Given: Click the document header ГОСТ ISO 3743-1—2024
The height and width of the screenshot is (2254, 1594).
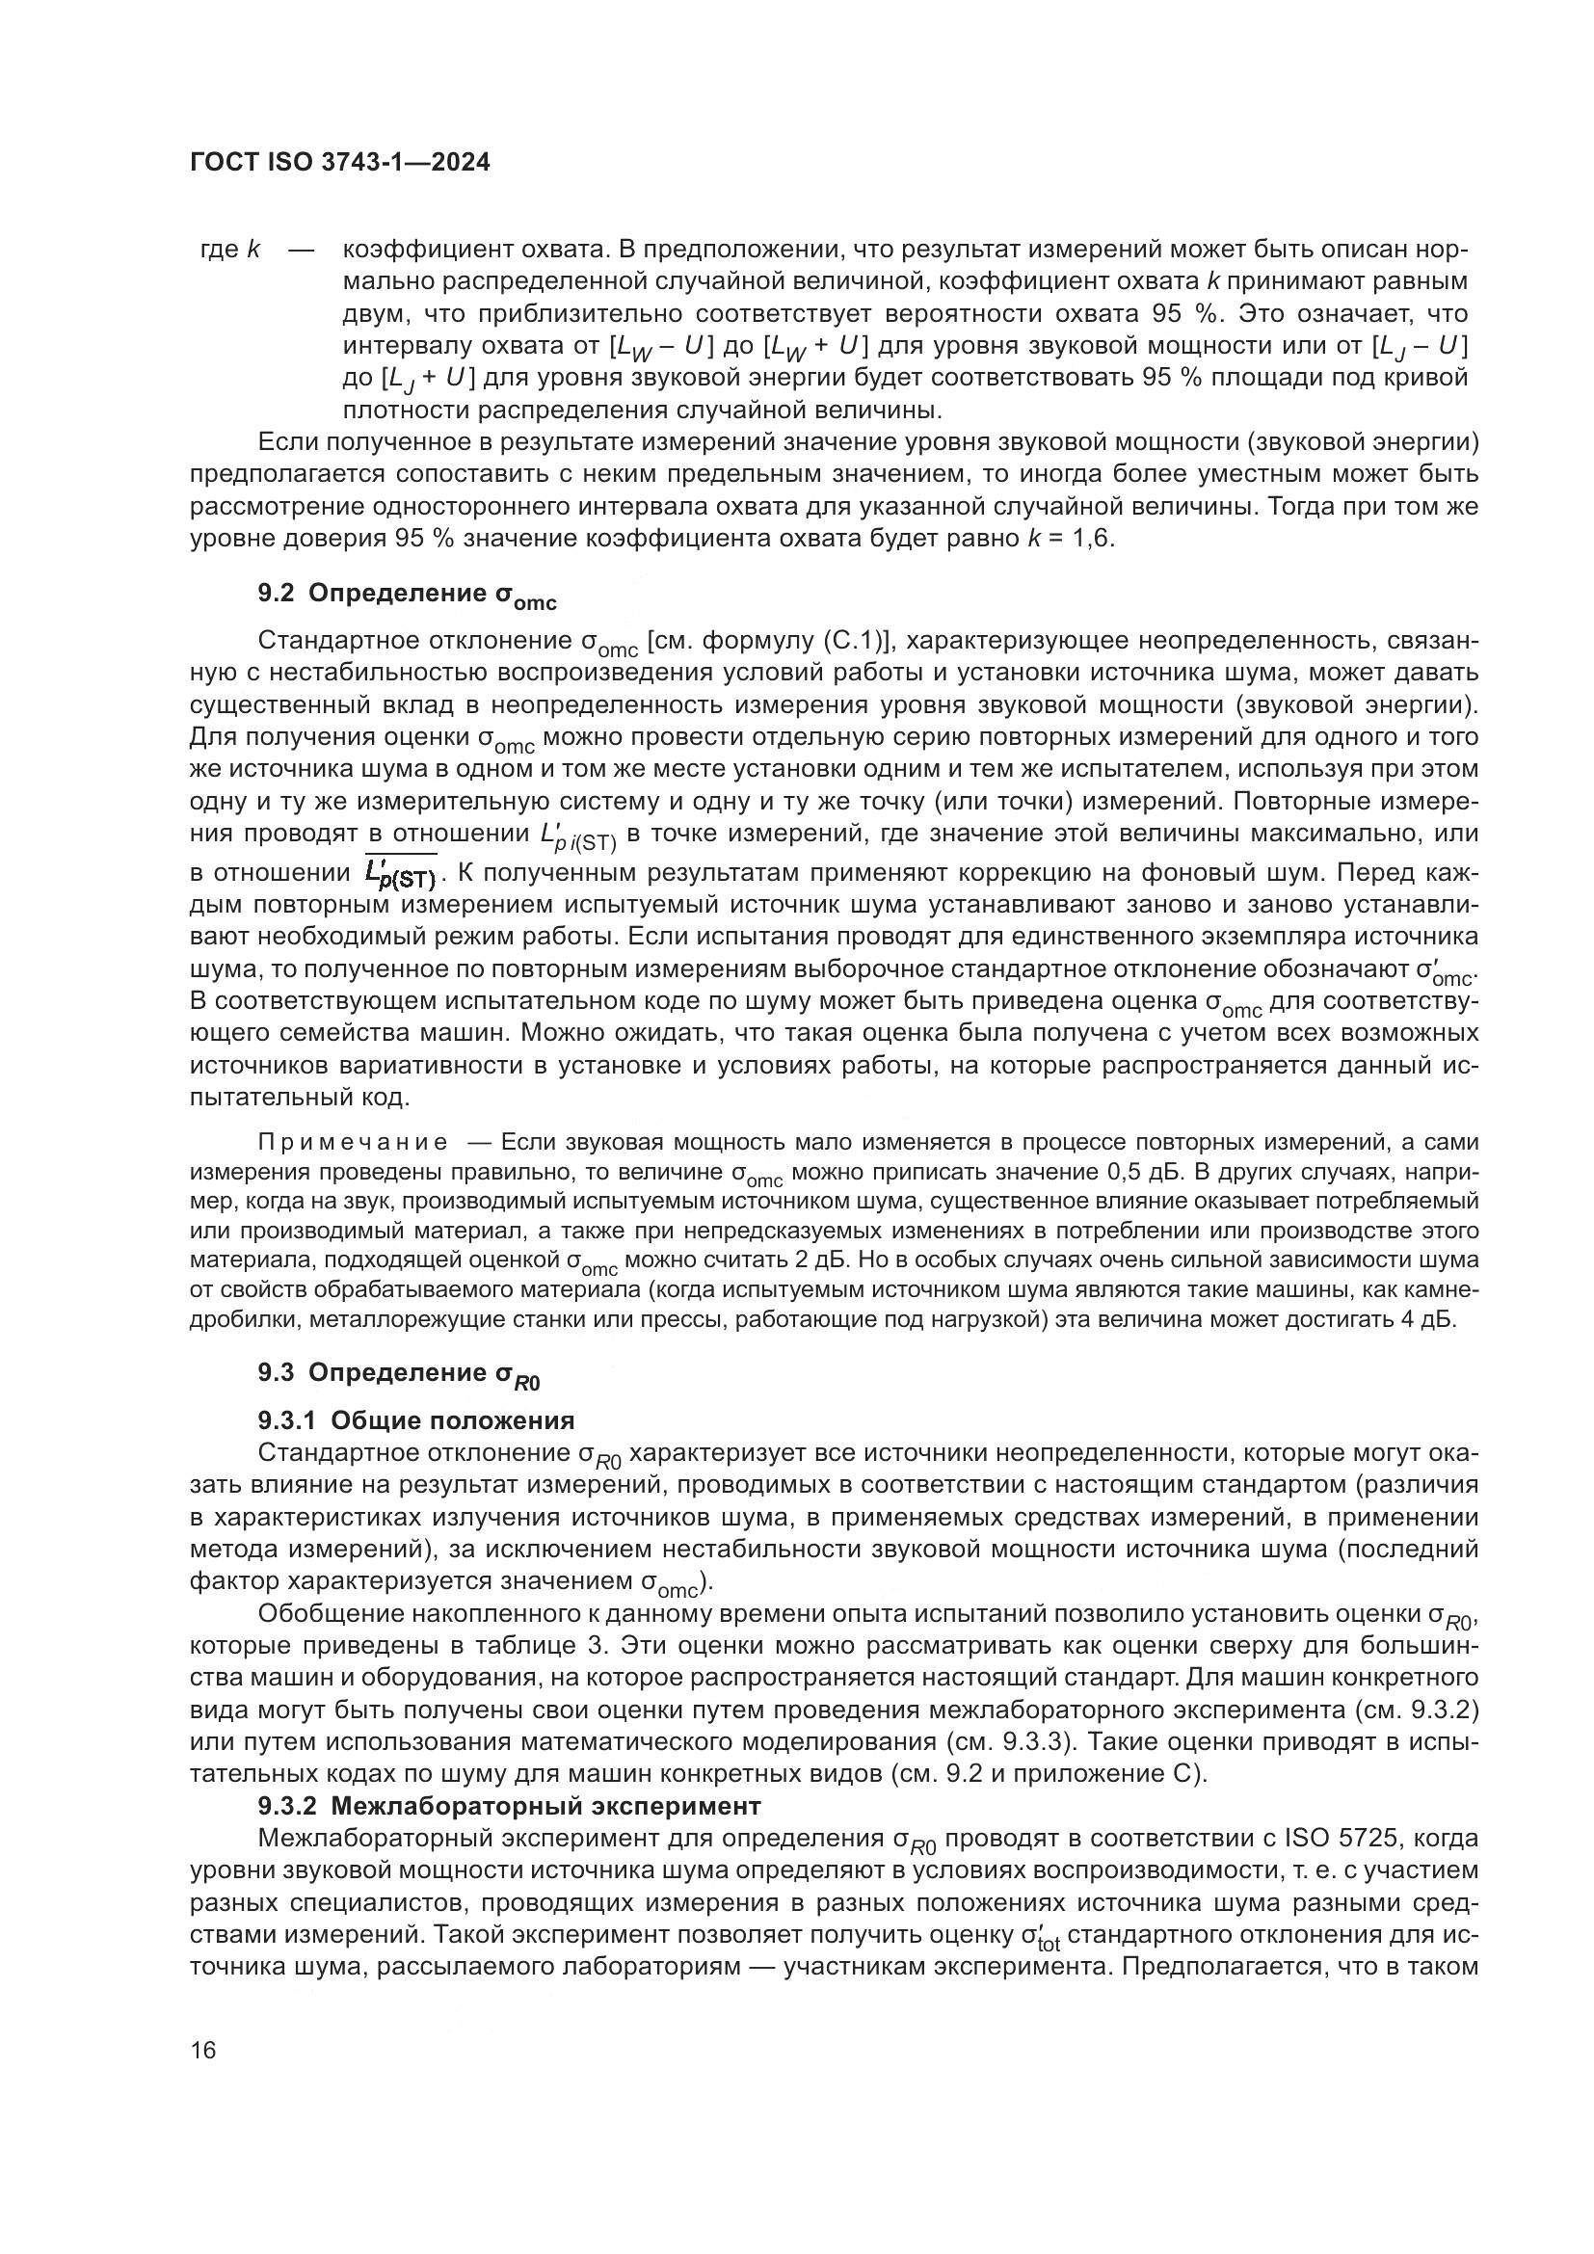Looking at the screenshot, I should point(339,163).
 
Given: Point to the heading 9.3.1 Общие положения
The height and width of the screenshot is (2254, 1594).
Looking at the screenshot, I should point(416,1420).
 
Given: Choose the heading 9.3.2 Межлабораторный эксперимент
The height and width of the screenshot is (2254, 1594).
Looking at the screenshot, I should point(510,1805).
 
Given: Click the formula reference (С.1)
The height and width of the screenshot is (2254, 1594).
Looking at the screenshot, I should point(846,641).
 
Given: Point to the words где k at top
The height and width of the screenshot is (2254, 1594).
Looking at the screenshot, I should point(229,250).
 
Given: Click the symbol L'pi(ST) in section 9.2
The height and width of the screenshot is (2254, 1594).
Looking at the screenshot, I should point(577,836).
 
